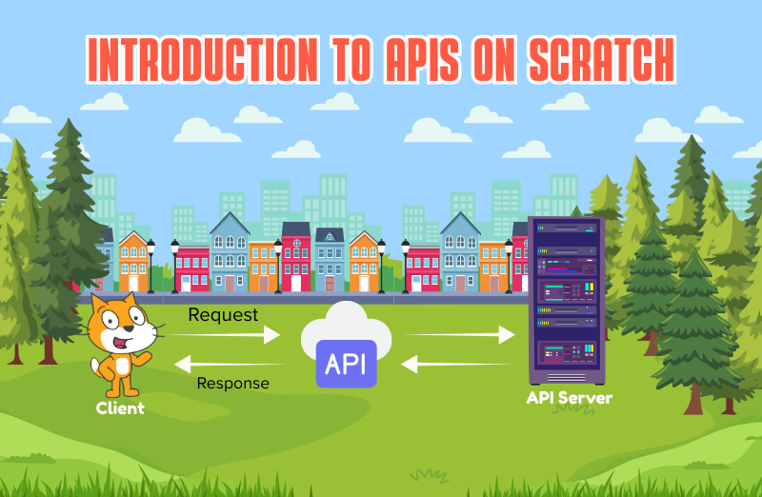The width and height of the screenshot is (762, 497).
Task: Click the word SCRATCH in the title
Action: [602, 60]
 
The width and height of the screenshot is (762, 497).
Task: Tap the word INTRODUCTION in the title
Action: [204, 60]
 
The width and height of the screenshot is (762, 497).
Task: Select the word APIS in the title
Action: [422, 60]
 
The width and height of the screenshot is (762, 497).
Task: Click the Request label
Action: [223, 315]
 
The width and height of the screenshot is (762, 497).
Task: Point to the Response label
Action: [232, 383]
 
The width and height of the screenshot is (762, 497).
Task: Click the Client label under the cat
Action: [120, 408]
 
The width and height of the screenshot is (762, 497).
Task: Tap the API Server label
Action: [569, 398]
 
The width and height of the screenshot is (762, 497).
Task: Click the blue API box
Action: [346, 364]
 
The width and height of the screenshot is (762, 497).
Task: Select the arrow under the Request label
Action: [224, 334]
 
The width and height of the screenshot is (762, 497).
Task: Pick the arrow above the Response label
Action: [231, 364]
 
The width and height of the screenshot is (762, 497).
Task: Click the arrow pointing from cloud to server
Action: [459, 334]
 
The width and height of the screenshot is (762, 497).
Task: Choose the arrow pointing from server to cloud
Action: [457, 364]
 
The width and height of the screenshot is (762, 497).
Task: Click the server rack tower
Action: [567, 300]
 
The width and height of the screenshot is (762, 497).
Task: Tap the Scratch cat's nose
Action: [129, 328]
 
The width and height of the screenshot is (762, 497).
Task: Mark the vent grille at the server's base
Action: [567, 378]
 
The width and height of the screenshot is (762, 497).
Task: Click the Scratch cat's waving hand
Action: [144, 358]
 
